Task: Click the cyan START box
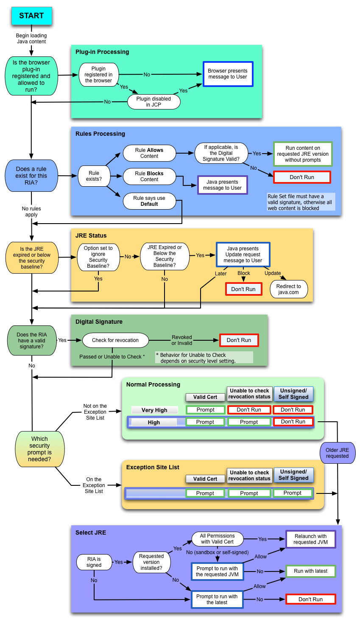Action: pos(31,16)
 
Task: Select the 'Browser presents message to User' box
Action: pos(228,74)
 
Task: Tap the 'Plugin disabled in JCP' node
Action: pos(153,102)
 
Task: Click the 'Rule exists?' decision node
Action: pos(94,176)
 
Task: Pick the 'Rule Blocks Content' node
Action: pos(149,177)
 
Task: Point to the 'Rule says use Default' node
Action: pos(149,201)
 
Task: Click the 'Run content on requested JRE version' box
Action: pos(303,154)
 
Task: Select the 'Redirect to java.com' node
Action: pos(288,289)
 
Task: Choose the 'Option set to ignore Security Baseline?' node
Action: pos(98,257)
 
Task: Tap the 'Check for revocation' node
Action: pos(115,340)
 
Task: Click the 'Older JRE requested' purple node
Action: pos(337,453)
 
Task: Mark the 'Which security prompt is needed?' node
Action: pos(39,449)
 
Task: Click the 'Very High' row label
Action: pos(154,410)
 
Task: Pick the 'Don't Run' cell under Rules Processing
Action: pos(302,177)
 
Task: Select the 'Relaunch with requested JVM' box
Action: pos(310,539)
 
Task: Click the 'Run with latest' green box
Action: pos(310,571)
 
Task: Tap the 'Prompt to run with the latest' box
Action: pos(217,600)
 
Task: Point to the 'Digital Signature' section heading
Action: pos(99,322)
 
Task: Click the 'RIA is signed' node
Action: pos(94,562)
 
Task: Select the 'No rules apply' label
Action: pos(31,212)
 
